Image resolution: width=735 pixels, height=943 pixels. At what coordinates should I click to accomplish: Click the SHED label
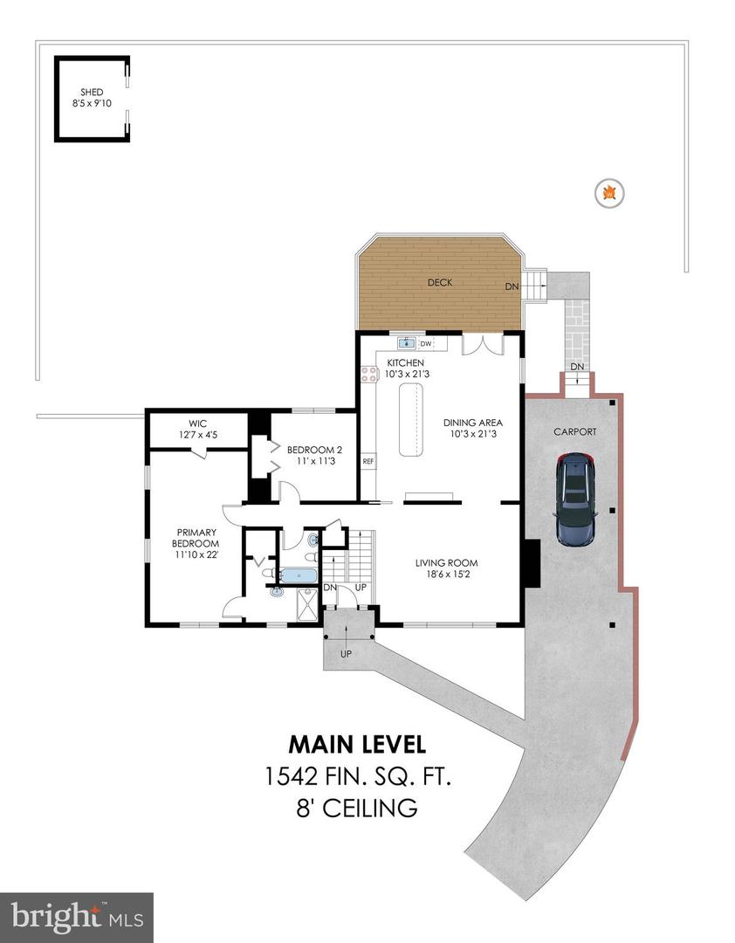(92, 93)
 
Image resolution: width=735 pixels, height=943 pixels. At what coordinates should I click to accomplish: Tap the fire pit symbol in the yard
(610, 192)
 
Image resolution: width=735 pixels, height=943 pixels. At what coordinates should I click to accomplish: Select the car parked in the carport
(576, 498)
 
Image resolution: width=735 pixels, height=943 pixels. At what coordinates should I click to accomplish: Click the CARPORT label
(575, 431)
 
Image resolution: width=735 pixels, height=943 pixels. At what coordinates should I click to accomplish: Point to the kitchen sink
(406, 343)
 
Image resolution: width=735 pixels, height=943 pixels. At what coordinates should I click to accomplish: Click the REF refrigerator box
(368, 462)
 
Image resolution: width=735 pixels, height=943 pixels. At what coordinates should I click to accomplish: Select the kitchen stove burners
(367, 375)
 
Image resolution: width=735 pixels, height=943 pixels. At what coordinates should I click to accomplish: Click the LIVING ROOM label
(446, 568)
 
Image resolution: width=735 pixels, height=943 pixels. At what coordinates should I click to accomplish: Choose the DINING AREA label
(476, 428)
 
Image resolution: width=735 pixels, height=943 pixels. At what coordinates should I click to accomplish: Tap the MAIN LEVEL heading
(357, 744)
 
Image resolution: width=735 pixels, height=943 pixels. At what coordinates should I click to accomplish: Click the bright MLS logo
(77, 917)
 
